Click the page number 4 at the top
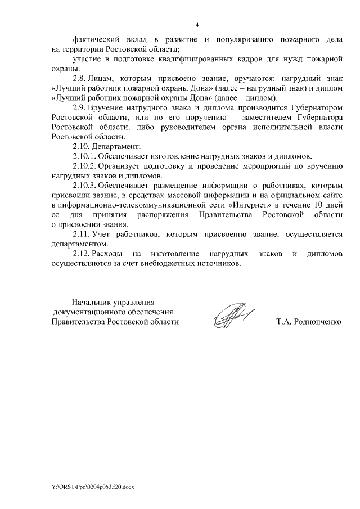197,24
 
